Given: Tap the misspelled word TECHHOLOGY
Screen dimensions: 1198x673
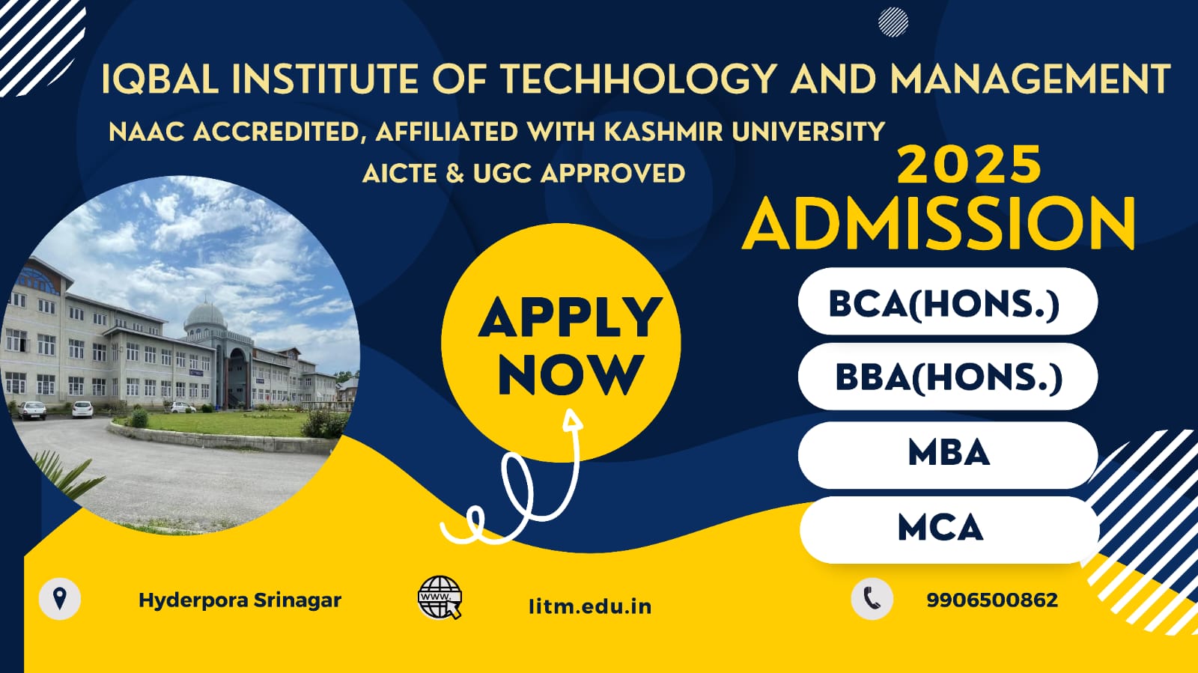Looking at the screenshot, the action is click(x=639, y=79).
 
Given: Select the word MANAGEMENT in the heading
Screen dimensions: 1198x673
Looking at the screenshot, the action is click(x=1030, y=79).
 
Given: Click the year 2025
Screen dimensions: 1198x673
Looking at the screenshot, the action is click(x=969, y=165).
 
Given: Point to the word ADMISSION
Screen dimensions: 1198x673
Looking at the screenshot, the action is click(x=939, y=223).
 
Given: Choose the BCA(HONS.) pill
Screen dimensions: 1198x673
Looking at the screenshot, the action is click(x=948, y=302).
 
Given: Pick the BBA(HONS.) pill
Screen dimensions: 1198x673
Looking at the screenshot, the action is click(x=948, y=377).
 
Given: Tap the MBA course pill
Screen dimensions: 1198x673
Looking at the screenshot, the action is click(x=948, y=455).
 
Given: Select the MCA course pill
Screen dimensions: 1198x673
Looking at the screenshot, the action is click(x=949, y=530).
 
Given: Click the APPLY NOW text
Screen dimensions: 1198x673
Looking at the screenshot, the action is click(x=570, y=346).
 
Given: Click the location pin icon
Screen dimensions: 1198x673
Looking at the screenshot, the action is click(x=60, y=599).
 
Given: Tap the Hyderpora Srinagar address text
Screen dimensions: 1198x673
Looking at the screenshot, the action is click(x=240, y=600).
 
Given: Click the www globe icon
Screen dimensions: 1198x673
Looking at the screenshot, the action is click(x=440, y=597).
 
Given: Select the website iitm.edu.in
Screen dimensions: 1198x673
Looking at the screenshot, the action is click(x=590, y=606).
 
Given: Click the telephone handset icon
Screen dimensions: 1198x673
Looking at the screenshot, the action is click(x=872, y=599).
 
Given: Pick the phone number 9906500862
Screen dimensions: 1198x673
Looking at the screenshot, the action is click(x=992, y=600).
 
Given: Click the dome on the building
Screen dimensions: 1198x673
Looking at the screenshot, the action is click(x=205, y=315).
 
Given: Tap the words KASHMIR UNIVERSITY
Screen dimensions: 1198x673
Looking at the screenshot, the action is click(x=744, y=132).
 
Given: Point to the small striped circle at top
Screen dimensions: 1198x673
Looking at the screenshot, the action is click(x=893, y=22).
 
